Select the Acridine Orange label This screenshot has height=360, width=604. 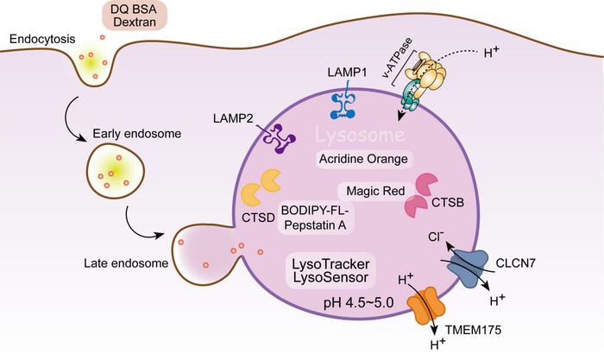[x=361, y=159]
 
